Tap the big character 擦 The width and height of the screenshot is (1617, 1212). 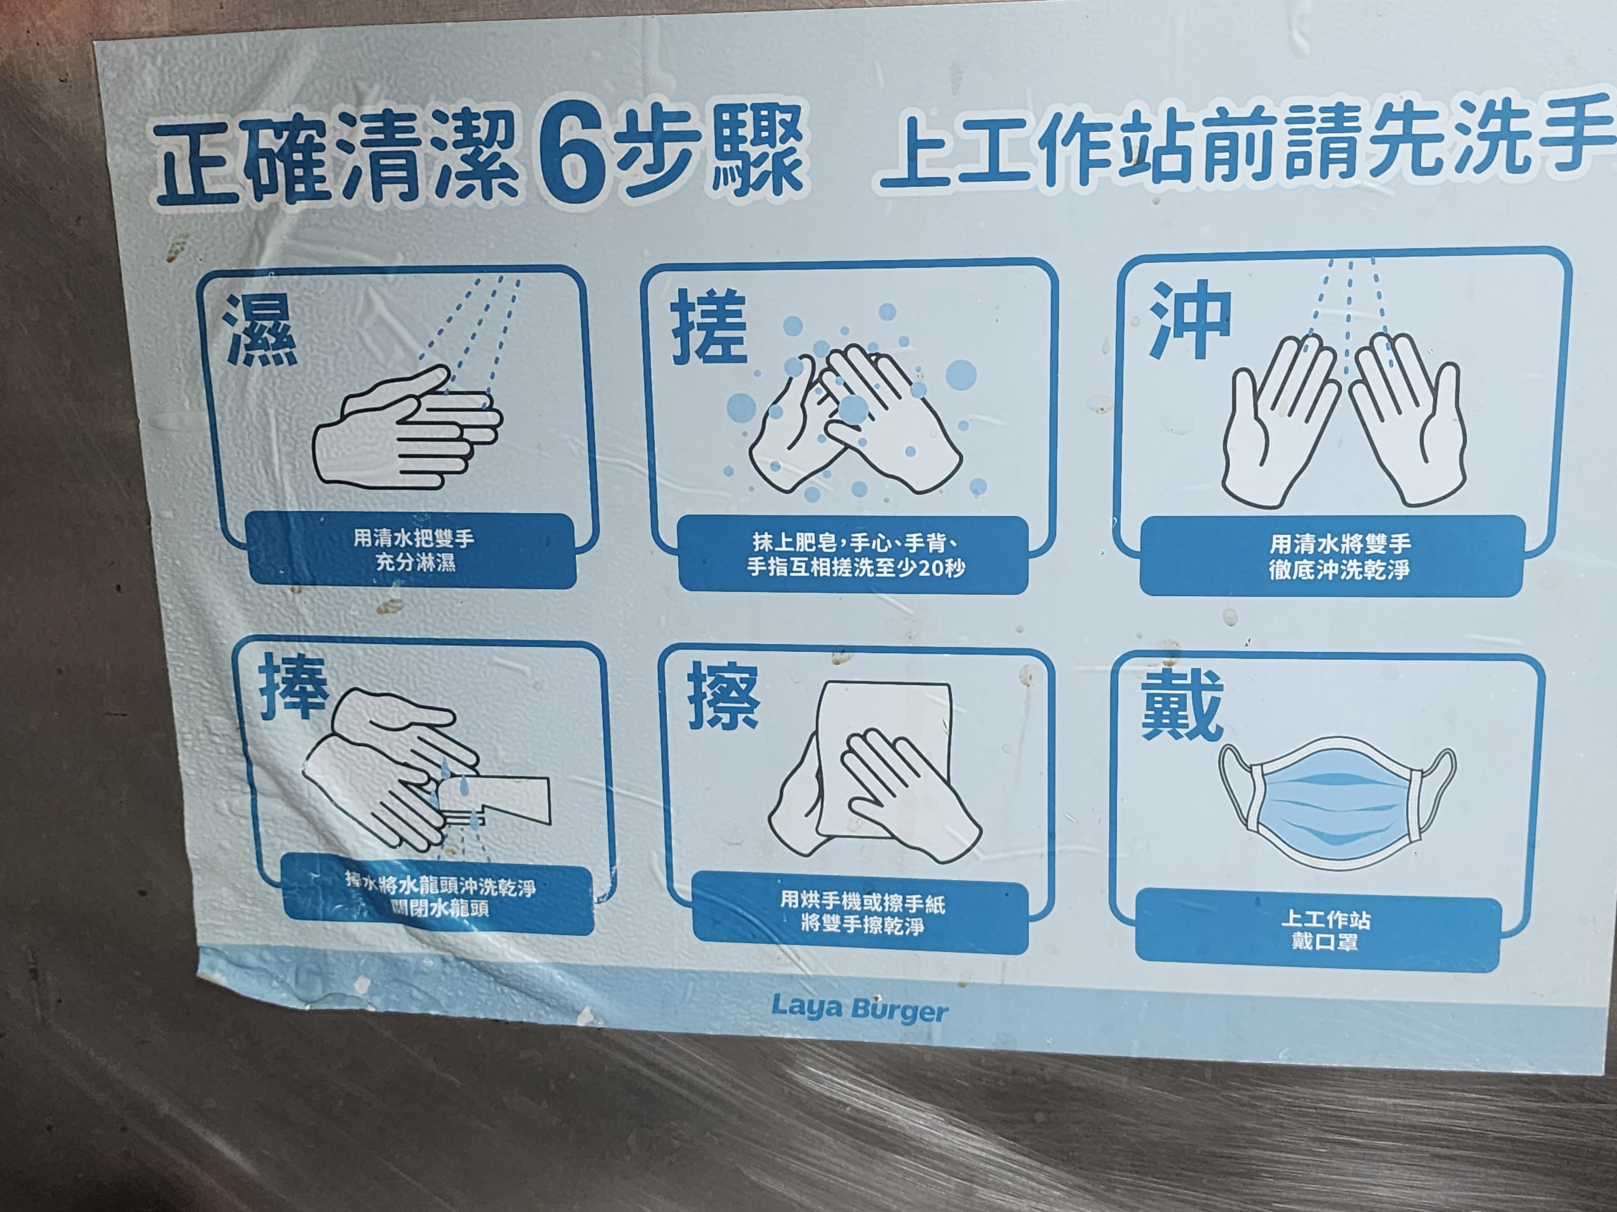(x=723, y=698)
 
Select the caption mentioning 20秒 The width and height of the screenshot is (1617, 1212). (x=854, y=555)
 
